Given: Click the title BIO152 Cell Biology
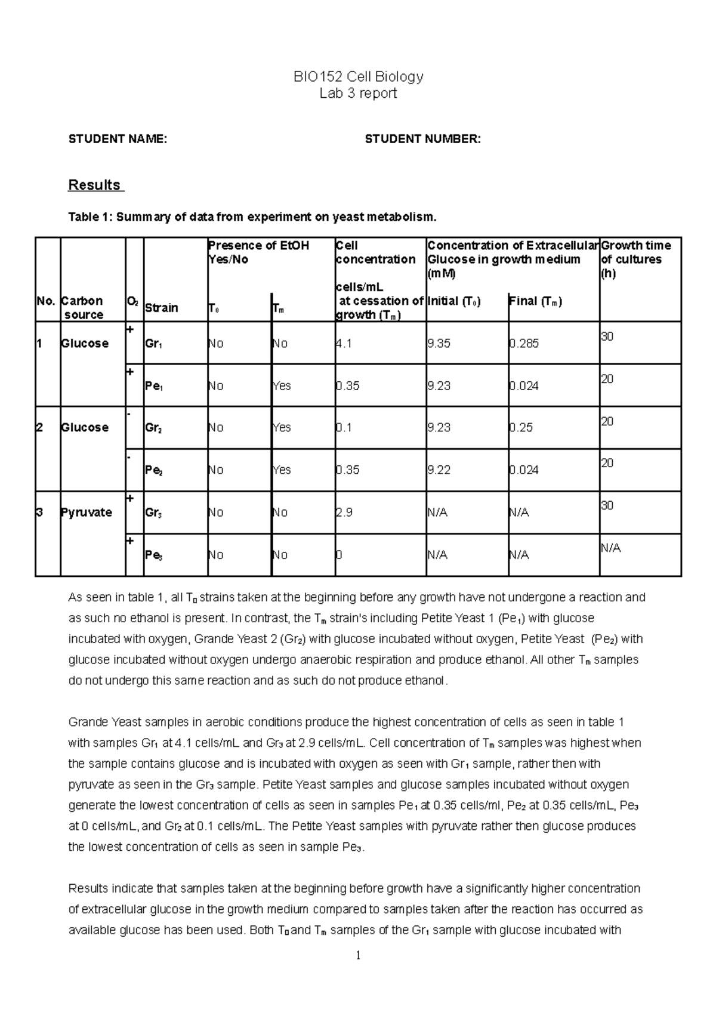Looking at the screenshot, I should (x=358, y=76).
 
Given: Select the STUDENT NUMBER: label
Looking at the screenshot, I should (x=422, y=139).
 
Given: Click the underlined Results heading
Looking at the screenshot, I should (x=95, y=185).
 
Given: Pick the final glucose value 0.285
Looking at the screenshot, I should (x=524, y=344).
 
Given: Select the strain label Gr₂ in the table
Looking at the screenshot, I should (x=154, y=428).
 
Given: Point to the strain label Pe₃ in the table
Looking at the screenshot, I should (x=154, y=555).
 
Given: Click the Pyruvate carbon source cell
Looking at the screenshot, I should (x=86, y=512).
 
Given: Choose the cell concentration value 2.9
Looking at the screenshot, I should (x=344, y=512).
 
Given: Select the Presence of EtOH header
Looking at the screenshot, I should (x=258, y=252).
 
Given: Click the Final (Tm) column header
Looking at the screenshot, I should (x=535, y=301).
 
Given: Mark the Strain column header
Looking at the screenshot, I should (x=161, y=308).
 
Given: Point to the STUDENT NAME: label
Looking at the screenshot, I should (x=118, y=139).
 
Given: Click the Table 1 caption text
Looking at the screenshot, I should (x=252, y=217).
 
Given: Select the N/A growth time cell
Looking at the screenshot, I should (x=610, y=548).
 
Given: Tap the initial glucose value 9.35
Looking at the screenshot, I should (x=439, y=344).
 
